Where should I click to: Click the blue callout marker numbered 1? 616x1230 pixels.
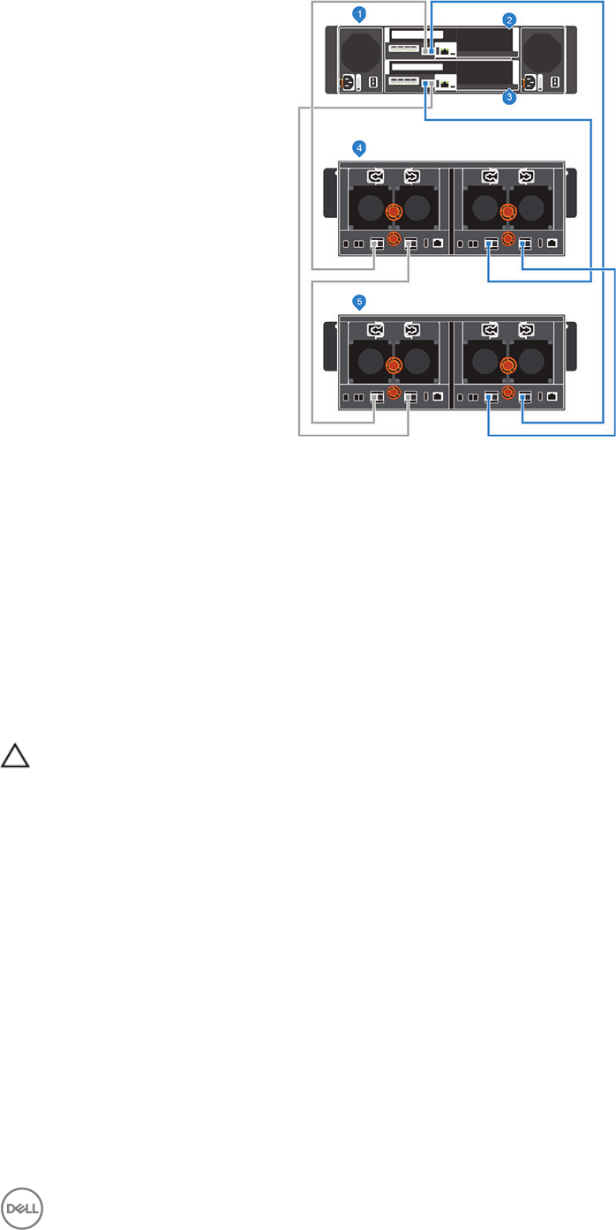coord(358,13)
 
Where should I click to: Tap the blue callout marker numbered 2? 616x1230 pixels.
coord(509,19)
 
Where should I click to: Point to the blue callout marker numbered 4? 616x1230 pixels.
coord(358,147)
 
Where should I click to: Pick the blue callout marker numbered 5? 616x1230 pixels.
coord(358,302)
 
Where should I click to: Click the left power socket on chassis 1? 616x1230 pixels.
coord(347,83)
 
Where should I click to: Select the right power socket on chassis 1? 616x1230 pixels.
coord(531,83)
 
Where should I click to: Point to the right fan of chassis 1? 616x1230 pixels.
coord(541,52)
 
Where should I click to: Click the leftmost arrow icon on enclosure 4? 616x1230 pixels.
coord(377,176)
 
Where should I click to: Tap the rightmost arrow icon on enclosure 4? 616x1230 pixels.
coord(526,176)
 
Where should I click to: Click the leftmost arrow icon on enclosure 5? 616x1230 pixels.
coord(377,330)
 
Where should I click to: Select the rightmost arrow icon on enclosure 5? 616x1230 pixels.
coord(526,330)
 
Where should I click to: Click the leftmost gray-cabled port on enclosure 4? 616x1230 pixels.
coord(376,244)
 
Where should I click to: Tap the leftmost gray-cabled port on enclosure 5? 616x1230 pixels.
coord(376,397)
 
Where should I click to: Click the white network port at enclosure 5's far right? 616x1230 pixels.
coord(552,397)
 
